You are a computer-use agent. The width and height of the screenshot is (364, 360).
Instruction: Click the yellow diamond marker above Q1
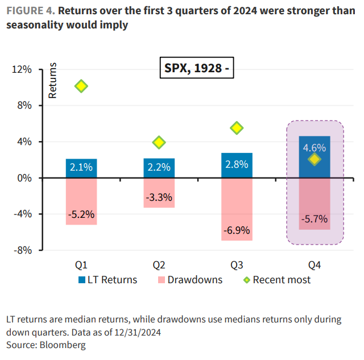click(81, 86)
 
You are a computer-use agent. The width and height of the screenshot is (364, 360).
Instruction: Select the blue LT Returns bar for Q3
click(237, 165)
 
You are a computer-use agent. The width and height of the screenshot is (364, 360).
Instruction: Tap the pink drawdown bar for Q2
click(159, 193)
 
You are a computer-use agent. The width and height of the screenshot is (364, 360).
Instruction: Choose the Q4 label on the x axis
click(315, 264)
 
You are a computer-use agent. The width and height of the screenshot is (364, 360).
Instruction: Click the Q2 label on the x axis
click(159, 264)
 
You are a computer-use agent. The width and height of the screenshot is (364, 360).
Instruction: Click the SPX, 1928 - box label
click(196, 69)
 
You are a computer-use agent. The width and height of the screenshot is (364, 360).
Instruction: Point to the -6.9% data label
click(237, 231)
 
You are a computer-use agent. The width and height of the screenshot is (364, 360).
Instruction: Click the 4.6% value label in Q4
click(314, 147)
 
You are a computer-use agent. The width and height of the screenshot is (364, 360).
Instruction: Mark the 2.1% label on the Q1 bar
click(81, 167)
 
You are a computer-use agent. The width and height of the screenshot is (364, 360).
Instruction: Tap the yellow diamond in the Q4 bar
click(315, 160)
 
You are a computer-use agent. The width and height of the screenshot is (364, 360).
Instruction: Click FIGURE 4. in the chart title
click(29, 10)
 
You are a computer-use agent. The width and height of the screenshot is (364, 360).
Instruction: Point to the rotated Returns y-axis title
click(53, 81)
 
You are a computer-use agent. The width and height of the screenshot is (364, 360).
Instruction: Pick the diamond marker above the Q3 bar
click(237, 128)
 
